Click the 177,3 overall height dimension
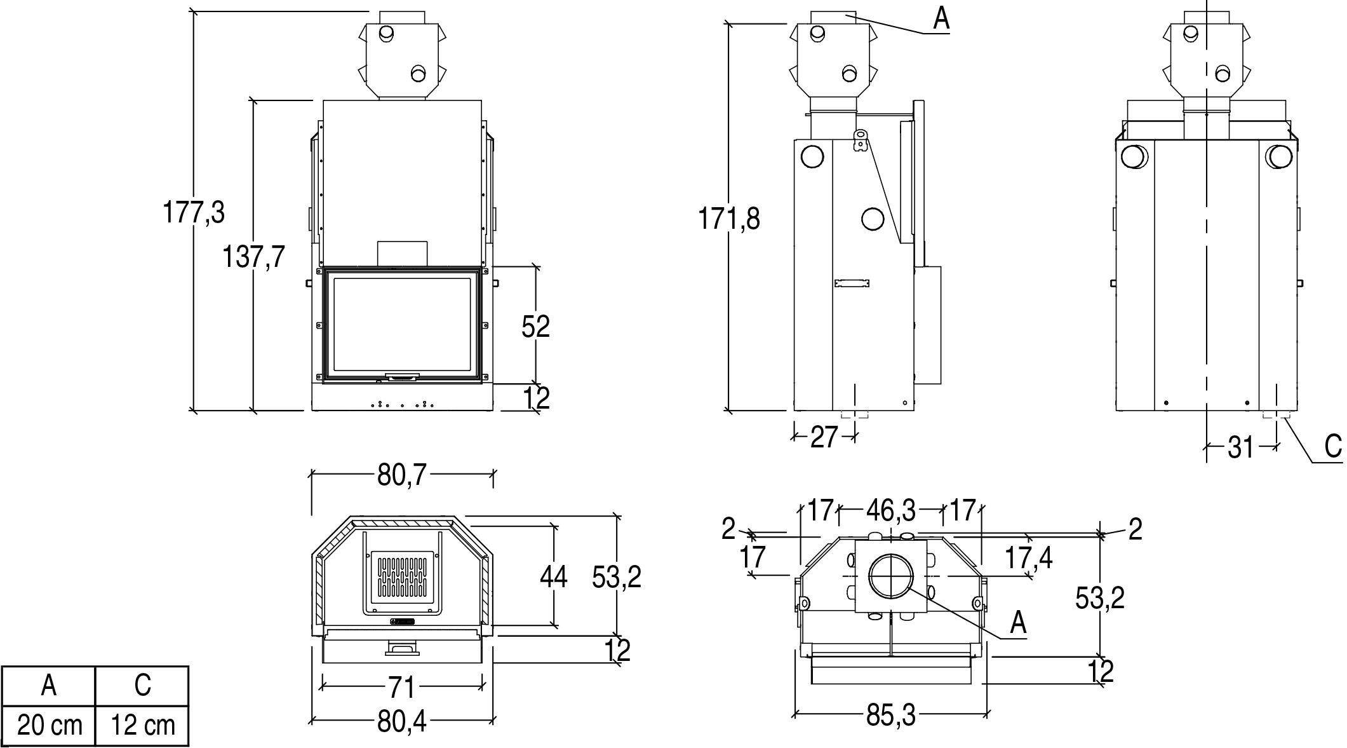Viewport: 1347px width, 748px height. [x=194, y=212]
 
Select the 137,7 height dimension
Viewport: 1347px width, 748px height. [x=253, y=257]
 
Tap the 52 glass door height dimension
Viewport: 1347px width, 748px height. [x=535, y=326]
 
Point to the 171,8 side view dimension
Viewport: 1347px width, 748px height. [x=729, y=219]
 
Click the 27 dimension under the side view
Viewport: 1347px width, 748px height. [x=824, y=437]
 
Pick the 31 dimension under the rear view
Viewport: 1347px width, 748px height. [x=1240, y=447]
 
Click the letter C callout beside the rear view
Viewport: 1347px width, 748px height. [x=1333, y=446]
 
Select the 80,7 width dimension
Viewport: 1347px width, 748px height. [x=403, y=474]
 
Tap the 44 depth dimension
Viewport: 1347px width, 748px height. [x=553, y=577]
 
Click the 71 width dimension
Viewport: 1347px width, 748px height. [x=403, y=687]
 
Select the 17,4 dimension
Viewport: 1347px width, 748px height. [x=1028, y=558]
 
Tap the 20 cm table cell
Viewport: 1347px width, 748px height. [x=49, y=725]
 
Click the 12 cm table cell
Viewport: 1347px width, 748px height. [x=142, y=725]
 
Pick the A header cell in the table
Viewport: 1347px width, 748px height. [x=49, y=686]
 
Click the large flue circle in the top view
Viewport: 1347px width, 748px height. [x=891, y=576]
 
